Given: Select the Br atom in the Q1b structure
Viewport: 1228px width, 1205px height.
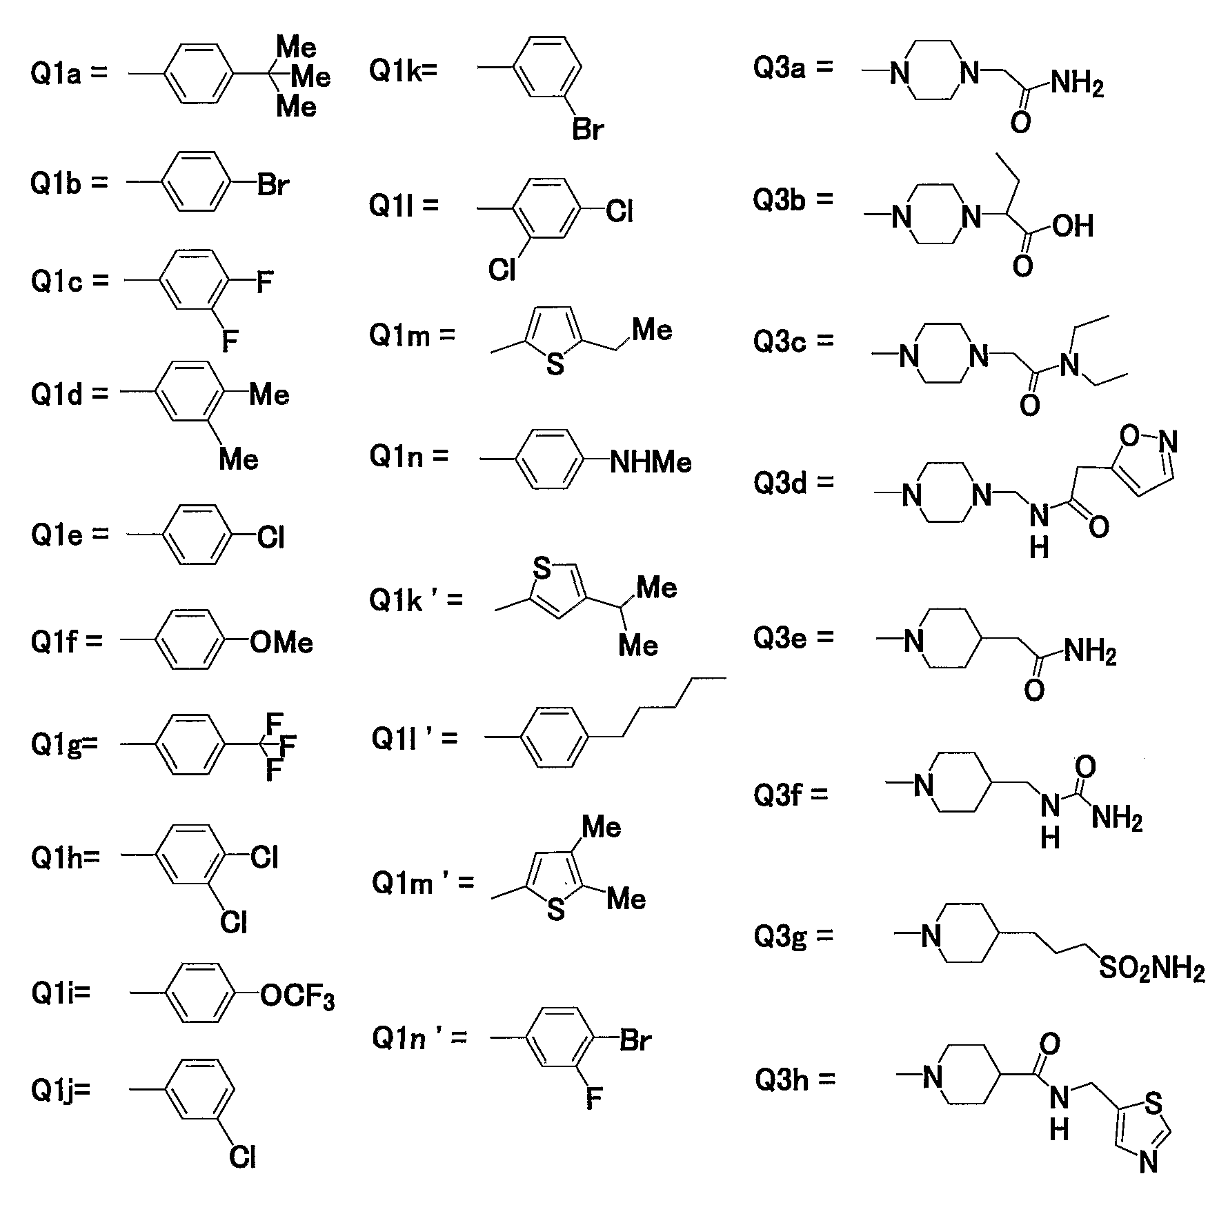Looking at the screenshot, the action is [x=273, y=186].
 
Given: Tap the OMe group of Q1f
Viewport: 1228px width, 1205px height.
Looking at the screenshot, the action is [x=281, y=642].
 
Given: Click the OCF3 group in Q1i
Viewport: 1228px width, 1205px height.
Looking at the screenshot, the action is [x=297, y=998].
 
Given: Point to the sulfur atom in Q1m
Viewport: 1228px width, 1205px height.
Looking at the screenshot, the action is [x=555, y=364].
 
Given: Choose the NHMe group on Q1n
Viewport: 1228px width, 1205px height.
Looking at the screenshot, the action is [x=651, y=461].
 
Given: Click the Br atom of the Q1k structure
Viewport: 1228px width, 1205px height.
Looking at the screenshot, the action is [x=588, y=130].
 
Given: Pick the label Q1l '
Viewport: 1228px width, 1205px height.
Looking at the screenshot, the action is [x=406, y=739].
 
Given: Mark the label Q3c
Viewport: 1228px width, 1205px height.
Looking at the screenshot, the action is [x=780, y=342].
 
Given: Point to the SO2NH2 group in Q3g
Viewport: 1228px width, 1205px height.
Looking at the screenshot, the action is [x=1151, y=971].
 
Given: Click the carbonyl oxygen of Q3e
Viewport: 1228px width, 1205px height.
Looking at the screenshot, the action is [x=1034, y=689].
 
